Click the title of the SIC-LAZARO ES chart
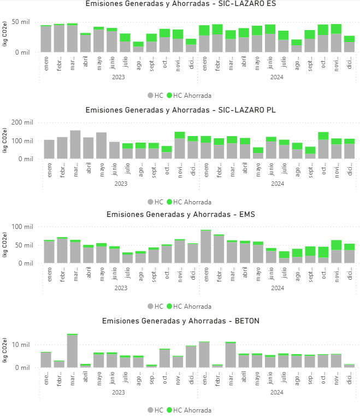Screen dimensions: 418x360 (x=180, y=4)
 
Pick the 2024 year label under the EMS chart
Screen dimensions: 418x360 (x=277, y=288)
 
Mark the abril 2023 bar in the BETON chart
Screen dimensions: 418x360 (x=86, y=366)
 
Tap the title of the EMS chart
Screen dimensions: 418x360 (x=180, y=214)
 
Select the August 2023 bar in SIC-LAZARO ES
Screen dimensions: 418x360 (x=138, y=48)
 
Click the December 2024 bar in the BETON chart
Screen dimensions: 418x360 (x=350, y=366)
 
